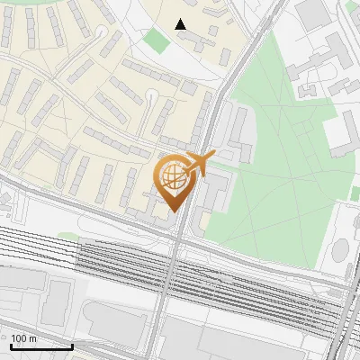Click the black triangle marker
coord(181,24)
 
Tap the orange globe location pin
coord(173,180)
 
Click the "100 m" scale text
coord(24,338)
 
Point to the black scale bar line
coord(41,346)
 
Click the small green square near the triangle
coord(158,40)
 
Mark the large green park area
coord(279,171)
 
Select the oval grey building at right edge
coord(343,253)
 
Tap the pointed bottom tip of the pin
coord(173,211)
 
